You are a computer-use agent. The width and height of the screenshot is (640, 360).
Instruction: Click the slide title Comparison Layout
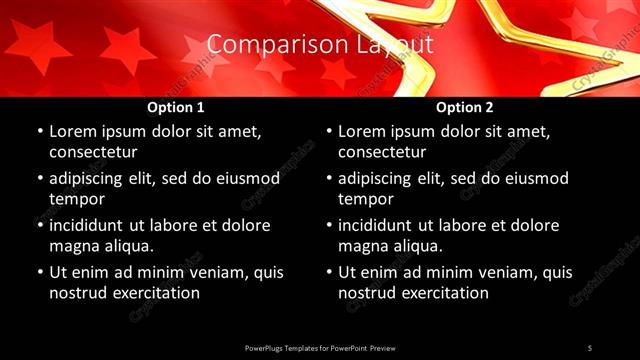pos(320,45)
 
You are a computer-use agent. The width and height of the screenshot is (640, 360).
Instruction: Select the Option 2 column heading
pos(465,107)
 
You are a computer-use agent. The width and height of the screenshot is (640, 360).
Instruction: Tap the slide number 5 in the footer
pos(590,347)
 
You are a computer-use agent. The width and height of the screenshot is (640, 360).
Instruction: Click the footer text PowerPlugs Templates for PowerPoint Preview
pos(320,347)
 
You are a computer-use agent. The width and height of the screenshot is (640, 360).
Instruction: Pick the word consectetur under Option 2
pos(382,152)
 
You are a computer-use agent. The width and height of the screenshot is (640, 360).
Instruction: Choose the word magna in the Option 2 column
pos(362,245)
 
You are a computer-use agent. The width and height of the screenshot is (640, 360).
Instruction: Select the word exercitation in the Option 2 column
pos(444,293)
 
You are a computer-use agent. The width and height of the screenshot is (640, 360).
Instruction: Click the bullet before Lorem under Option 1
pos(39,131)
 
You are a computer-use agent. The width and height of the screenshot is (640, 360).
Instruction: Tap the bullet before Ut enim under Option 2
pos(328,272)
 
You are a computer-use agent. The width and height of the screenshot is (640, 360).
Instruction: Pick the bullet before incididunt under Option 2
pos(328,225)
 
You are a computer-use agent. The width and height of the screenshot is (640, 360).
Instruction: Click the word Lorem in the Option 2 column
pos(362,131)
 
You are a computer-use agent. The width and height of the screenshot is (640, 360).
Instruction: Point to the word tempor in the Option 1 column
pos(76,199)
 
